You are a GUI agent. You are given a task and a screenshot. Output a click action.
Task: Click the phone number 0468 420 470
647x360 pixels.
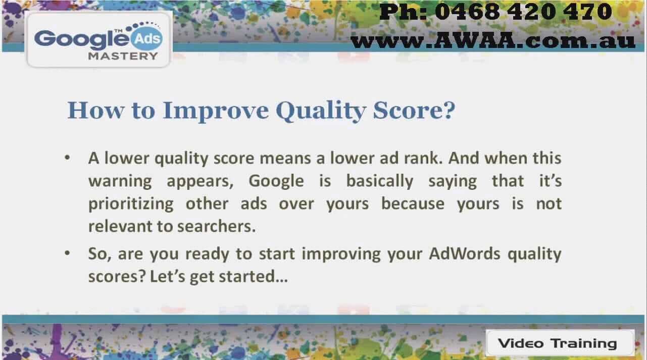[x=523, y=12]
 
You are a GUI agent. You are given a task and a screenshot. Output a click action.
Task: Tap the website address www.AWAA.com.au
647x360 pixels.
[x=493, y=40]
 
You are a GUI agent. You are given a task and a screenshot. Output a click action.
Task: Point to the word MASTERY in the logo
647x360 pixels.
[x=123, y=56]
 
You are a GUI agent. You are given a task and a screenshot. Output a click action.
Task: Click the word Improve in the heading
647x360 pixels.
[x=216, y=111]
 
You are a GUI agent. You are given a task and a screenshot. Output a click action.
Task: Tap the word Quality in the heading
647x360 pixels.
[x=321, y=111]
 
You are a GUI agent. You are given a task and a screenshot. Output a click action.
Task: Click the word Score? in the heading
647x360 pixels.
[x=414, y=110]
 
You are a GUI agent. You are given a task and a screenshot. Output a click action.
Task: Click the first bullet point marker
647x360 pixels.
[x=67, y=158]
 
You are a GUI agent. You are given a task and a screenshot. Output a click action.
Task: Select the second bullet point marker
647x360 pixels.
[x=67, y=253]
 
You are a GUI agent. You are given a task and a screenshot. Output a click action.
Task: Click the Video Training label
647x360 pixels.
[x=557, y=343]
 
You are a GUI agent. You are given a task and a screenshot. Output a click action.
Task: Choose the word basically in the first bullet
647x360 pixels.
[x=379, y=182]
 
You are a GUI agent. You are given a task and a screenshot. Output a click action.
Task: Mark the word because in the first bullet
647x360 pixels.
[x=413, y=204]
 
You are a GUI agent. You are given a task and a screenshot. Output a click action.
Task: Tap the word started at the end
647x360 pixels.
[x=247, y=277]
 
